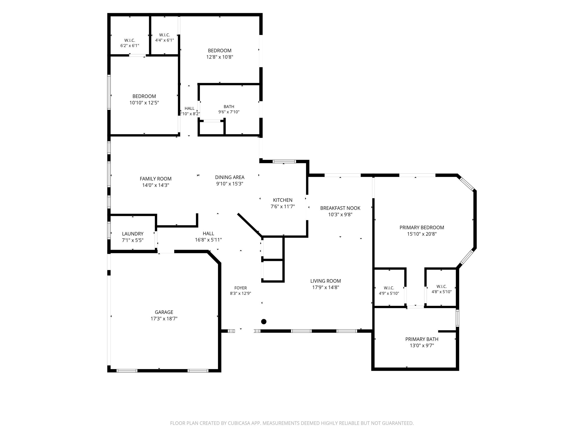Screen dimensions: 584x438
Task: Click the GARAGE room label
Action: [x=164, y=312]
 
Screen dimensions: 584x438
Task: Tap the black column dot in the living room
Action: [x=264, y=322]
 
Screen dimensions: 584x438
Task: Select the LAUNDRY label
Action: [x=132, y=234]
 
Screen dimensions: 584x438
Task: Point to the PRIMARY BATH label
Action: [x=422, y=339]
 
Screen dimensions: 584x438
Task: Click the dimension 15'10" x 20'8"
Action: [x=422, y=234]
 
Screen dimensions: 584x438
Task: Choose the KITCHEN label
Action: [x=282, y=200]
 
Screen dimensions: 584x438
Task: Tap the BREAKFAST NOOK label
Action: [x=340, y=208]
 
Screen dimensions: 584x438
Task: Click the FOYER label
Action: [x=241, y=288]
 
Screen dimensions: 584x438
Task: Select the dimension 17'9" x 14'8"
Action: [x=326, y=287]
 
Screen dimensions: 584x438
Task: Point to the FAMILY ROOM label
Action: [x=156, y=179]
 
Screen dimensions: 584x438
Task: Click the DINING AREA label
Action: [x=230, y=177]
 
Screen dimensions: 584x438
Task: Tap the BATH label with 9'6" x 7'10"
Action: [x=229, y=107]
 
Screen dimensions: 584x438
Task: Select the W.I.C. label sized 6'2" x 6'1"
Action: [x=130, y=40]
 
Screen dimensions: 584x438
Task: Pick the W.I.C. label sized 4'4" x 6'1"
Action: [x=164, y=35]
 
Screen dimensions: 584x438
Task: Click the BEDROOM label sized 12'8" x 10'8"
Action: [x=220, y=50]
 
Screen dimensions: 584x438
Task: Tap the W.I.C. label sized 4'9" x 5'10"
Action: [x=389, y=288]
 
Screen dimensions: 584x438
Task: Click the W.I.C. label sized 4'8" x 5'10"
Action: [x=442, y=286]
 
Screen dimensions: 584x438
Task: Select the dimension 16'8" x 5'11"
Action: [x=208, y=240]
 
